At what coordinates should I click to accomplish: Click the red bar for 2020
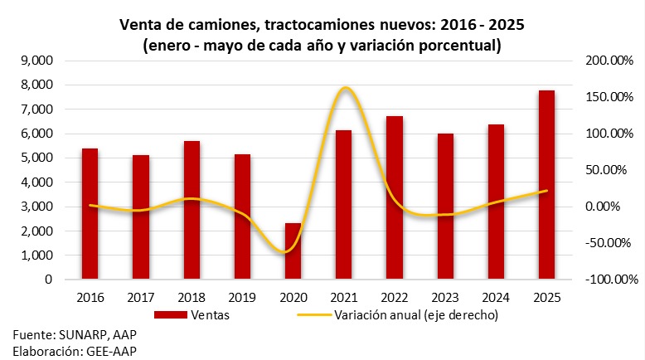(x=293, y=251)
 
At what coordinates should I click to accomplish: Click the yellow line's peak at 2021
(x=344, y=88)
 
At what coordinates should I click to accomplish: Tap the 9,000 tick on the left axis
(x=35, y=61)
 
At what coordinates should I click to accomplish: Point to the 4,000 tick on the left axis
(x=35, y=182)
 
